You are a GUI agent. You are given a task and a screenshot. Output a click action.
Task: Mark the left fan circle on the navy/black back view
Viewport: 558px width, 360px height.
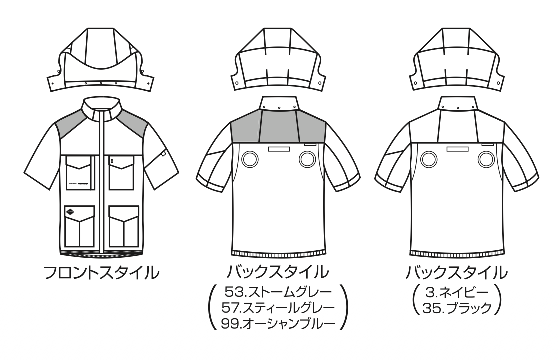[x=427, y=160]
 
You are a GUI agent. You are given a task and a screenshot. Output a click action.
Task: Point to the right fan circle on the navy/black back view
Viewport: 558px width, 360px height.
[x=484, y=160]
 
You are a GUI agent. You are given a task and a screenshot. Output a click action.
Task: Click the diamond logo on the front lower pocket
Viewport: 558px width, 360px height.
[x=71, y=213]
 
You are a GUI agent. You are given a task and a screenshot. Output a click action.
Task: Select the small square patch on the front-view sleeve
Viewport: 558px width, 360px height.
[x=163, y=156]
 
